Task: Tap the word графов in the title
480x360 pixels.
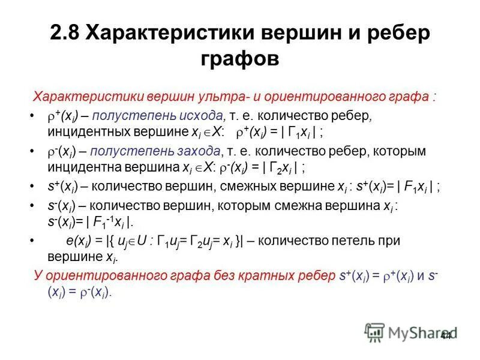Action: point(239,59)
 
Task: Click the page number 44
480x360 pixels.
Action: point(445,336)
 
